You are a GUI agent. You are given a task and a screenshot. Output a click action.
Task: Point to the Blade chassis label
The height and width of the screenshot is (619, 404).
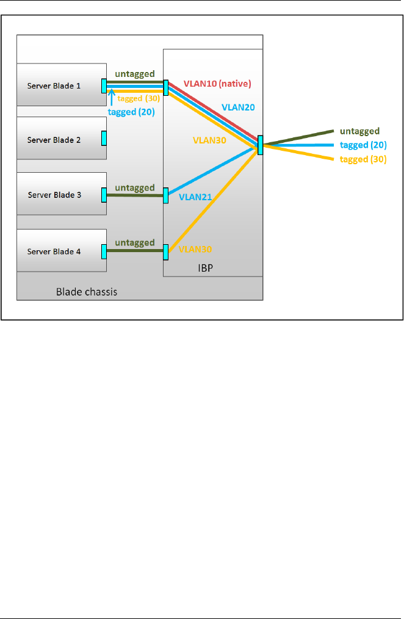point(87,292)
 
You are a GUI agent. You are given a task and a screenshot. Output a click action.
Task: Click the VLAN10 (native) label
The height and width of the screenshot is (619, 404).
point(217,83)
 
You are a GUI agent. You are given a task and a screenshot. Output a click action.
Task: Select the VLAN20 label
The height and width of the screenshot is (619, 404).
point(237,107)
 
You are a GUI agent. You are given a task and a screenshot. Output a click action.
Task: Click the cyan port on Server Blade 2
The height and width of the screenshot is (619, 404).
point(104,139)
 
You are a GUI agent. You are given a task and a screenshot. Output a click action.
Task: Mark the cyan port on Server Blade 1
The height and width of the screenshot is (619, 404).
point(104,85)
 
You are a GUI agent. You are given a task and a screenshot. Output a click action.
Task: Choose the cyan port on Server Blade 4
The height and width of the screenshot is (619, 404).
point(104,251)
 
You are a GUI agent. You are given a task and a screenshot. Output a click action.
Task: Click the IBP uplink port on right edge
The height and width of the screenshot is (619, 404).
point(261,145)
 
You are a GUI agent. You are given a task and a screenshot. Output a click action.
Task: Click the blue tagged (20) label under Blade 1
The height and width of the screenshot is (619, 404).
point(131,112)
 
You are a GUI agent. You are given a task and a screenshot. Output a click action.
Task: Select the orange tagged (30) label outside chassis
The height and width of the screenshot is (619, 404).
point(364,159)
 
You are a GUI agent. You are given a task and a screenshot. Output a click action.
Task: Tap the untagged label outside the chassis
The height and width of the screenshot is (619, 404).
point(360,131)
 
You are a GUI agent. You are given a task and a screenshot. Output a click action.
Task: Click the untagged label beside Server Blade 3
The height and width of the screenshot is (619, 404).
point(134,188)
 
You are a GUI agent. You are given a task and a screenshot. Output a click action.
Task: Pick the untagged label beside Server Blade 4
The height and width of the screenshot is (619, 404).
point(134,243)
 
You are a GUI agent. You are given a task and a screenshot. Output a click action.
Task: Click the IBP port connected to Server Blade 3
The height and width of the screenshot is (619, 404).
point(165,195)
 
